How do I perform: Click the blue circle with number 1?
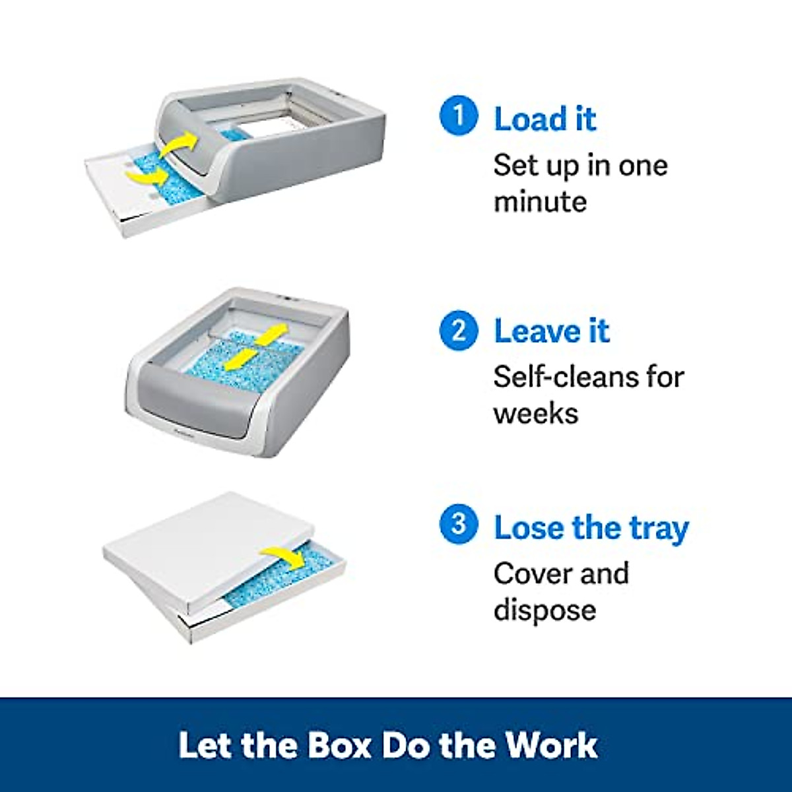[458, 116]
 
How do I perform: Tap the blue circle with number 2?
[458, 330]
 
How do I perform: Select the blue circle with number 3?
[458, 525]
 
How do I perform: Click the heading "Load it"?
[545, 119]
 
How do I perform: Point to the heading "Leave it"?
[552, 331]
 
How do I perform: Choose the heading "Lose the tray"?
[591, 529]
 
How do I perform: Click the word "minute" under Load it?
[540, 201]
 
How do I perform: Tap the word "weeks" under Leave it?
[535, 414]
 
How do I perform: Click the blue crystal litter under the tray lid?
[284, 581]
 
